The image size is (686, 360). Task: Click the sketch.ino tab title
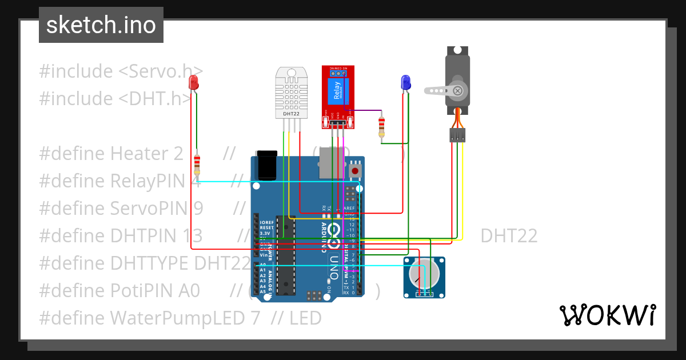101,25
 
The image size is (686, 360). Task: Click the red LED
194,82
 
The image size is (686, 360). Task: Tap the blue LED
406,82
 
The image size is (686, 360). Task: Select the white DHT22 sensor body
291,91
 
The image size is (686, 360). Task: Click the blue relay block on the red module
336,92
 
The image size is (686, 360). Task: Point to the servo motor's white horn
443,90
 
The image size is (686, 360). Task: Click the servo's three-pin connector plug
457,135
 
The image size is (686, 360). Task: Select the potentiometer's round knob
424,274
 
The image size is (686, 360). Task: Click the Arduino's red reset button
355,170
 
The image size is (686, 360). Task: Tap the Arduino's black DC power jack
266,166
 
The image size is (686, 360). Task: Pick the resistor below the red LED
197,164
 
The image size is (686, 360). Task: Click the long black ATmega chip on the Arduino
284,254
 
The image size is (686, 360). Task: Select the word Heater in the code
139,153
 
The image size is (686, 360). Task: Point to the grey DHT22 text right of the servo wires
509,235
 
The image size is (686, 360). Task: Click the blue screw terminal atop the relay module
338,73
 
